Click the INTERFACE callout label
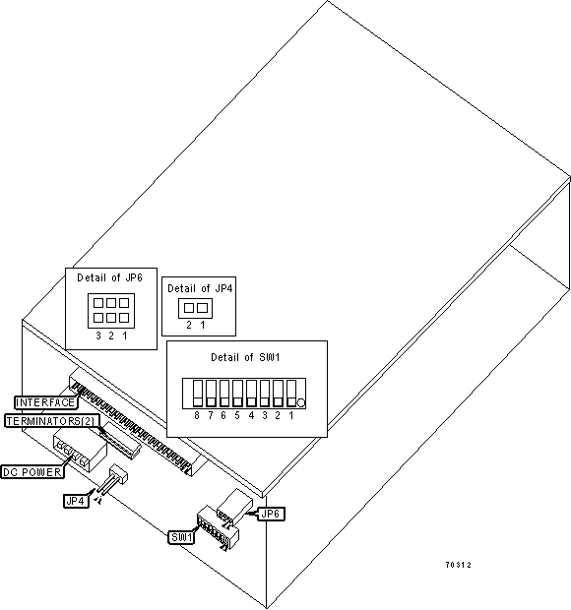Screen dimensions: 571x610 pos(45,402)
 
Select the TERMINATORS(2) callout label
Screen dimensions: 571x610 pos(50,421)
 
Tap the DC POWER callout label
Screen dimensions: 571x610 pos(32,472)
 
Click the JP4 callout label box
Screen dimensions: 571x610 pos(76,501)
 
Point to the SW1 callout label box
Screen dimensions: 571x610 pos(181,537)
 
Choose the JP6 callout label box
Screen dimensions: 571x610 pos(271,514)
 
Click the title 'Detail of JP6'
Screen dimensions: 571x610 pos(109,277)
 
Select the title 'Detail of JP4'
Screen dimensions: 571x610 pos(200,288)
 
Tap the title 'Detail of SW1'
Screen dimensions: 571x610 pos(245,357)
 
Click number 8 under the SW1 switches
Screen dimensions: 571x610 pos(197,415)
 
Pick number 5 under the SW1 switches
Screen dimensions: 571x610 pos(237,415)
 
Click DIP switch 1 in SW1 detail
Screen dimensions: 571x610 pos(291,394)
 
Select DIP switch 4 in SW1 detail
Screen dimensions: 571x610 pos(251,394)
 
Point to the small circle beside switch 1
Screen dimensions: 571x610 pos(301,403)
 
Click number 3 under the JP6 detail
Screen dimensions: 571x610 pos(98,335)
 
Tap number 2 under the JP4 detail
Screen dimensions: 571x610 pos(189,325)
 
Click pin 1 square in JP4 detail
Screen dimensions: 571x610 pos(203,308)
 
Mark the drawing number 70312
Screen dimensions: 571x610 pos(458,565)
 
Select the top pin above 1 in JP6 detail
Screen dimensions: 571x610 pos(124,303)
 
